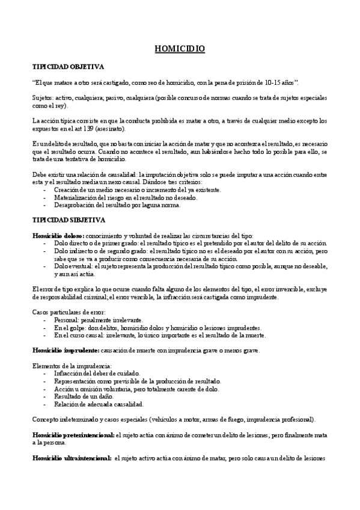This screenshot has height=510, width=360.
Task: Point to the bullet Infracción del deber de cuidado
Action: tap(96, 373)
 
